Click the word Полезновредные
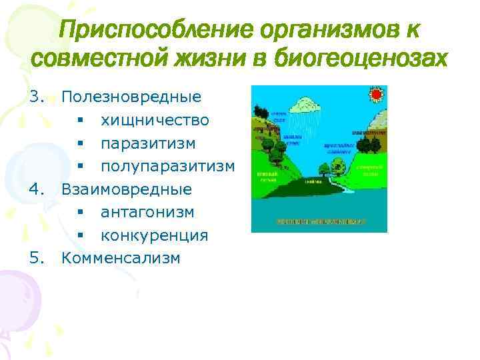[131, 97]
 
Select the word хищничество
[155, 121]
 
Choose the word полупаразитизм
[167, 166]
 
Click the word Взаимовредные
[127, 189]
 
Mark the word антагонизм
[147, 212]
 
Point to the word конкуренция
[154, 235]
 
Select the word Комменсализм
[121, 258]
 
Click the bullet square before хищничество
[79, 121]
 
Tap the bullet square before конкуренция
[79, 235]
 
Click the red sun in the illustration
[377, 95]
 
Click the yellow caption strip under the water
[319, 219]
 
